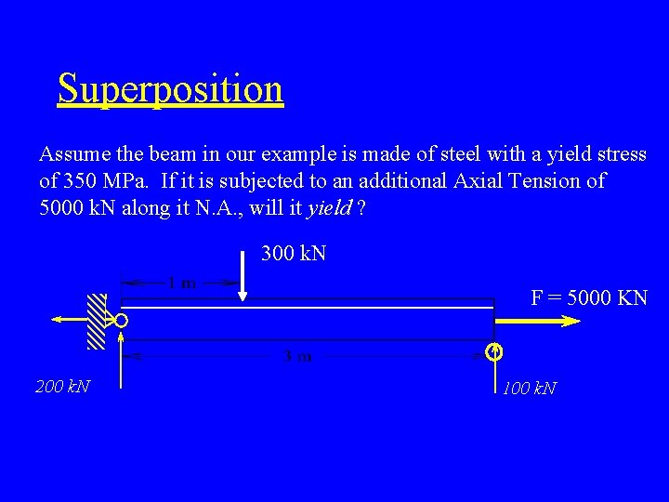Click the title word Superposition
(x=170, y=89)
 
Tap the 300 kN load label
(x=294, y=253)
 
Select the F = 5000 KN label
(x=589, y=298)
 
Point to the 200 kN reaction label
(x=63, y=386)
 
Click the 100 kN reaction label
(x=530, y=388)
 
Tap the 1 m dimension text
(x=181, y=283)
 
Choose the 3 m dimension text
(x=297, y=356)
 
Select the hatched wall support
(x=97, y=321)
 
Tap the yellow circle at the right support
(x=494, y=351)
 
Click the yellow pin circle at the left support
(x=122, y=321)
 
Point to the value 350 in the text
(x=83, y=180)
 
